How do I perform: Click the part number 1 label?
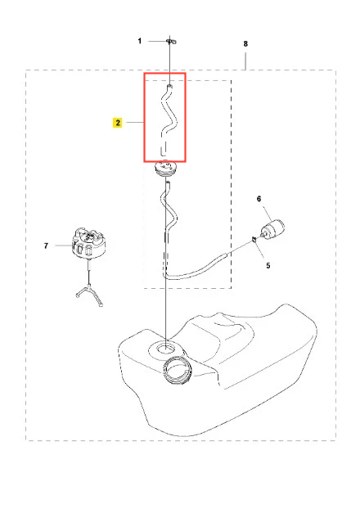point(140,41)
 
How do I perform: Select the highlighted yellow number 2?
point(118,123)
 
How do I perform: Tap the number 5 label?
point(268,265)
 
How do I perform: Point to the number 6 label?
point(259,199)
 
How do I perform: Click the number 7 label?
point(46,245)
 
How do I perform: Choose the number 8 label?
point(245,43)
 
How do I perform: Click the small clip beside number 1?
point(171,41)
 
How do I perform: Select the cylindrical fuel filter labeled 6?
point(273,229)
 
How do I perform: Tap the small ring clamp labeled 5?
point(254,240)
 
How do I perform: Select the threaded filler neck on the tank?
point(178,370)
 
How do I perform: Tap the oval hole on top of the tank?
point(166,349)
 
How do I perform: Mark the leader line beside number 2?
point(135,123)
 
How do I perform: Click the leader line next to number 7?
point(63,245)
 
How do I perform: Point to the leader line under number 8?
point(245,61)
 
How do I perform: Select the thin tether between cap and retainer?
point(88,272)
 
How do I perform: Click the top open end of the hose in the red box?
point(169,86)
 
